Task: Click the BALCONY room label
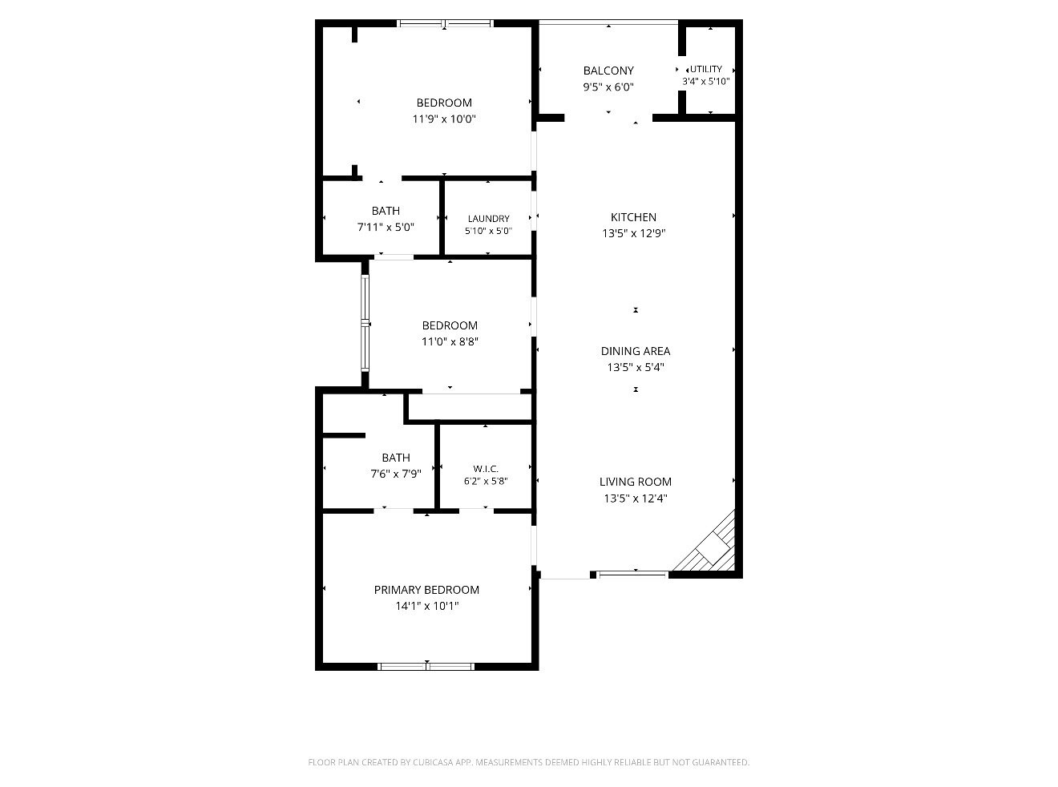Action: pos(608,71)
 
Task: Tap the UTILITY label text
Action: pos(706,69)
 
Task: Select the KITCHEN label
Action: pos(633,217)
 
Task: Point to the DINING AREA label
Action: pos(636,351)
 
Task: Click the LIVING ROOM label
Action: pos(636,482)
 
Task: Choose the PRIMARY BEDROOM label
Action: pos(426,590)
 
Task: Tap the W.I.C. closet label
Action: pos(486,469)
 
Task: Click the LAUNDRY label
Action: pos(488,219)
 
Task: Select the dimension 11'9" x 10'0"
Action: pos(444,119)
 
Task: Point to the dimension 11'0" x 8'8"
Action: pos(450,341)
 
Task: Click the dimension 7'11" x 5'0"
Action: pos(386,227)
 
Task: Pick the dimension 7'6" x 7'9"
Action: pos(396,474)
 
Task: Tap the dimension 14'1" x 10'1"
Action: pos(427,606)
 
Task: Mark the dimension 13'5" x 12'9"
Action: pos(633,233)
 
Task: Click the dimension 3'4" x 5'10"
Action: pos(706,81)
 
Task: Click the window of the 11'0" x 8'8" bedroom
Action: pos(365,324)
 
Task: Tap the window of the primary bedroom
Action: pos(426,666)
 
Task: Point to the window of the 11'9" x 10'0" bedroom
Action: pos(445,23)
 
